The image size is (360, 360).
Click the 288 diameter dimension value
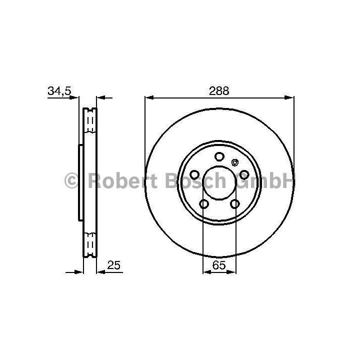coord(219,91)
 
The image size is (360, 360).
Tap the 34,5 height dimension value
coord(59,91)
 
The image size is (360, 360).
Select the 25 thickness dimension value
coord(113,265)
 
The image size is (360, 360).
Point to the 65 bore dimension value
coord(219,265)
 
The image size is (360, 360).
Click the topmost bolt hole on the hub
coord(219,156)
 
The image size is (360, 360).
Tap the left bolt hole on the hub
coord(194,174)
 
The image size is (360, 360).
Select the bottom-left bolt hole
coord(204,203)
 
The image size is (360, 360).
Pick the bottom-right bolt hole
coord(235,203)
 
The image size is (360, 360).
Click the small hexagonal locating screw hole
coord(234,162)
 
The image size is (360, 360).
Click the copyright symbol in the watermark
coord(72,180)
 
